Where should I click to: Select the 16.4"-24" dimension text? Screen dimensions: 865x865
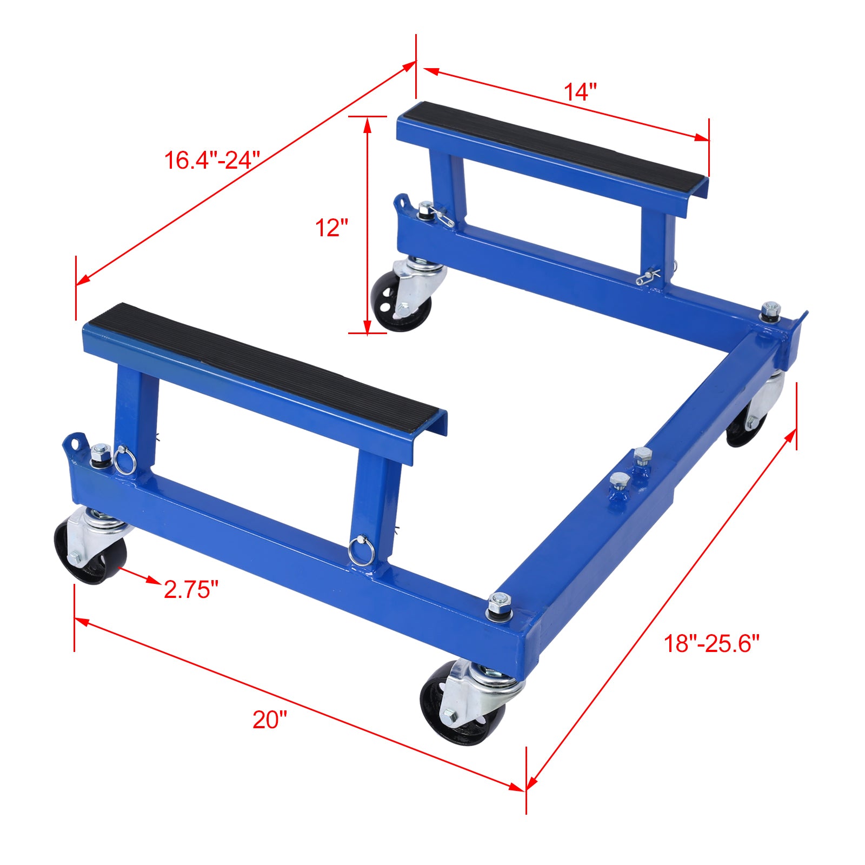212,161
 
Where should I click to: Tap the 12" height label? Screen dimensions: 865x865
331,228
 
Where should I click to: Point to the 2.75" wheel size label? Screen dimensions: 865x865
191,589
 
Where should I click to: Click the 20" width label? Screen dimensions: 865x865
270,720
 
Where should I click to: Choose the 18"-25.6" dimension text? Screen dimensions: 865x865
711,643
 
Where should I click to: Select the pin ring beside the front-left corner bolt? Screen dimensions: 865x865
123,460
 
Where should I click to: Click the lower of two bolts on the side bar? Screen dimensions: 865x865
620,482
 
